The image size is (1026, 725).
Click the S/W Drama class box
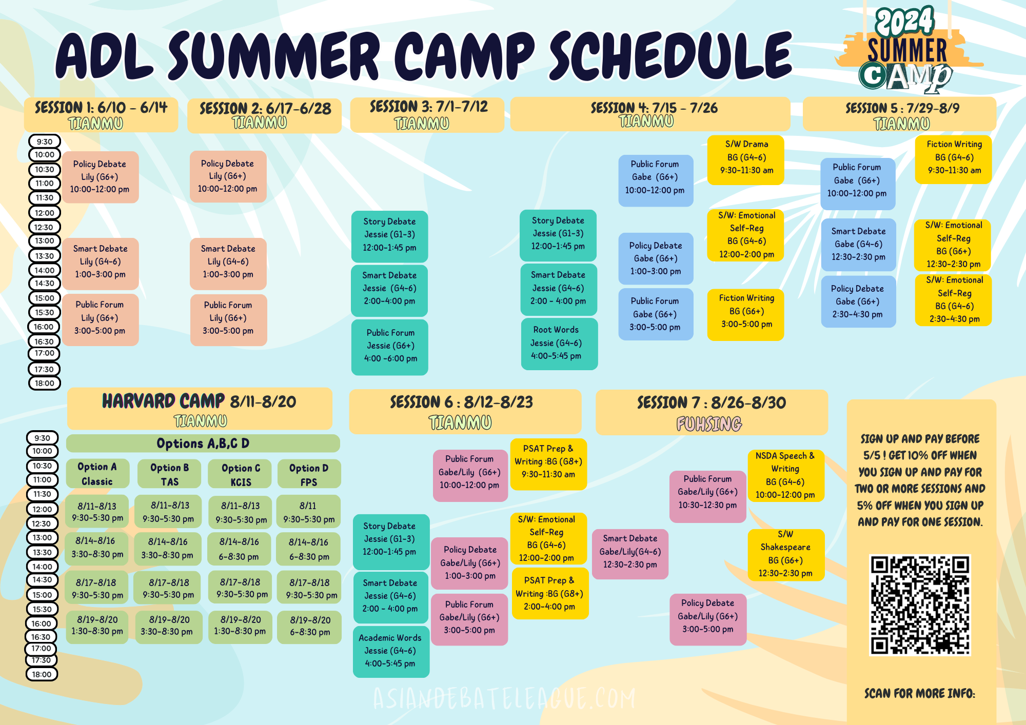[746, 160]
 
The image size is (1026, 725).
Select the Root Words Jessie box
[559, 344]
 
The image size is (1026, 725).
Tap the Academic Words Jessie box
[391, 652]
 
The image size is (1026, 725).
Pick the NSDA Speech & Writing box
[785, 475]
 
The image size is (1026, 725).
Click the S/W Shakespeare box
[786, 555]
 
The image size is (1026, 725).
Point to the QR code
[920, 605]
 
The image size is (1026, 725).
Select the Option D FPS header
[309, 474]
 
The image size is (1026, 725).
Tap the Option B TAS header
[169, 474]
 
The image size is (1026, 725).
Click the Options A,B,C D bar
[203, 444]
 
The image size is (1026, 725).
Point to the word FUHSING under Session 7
[709, 424]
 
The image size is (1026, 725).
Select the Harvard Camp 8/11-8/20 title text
[199, 401]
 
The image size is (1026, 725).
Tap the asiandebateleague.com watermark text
[504, 698]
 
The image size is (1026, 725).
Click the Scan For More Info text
[920, 694]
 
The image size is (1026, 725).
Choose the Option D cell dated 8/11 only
[308, 512]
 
